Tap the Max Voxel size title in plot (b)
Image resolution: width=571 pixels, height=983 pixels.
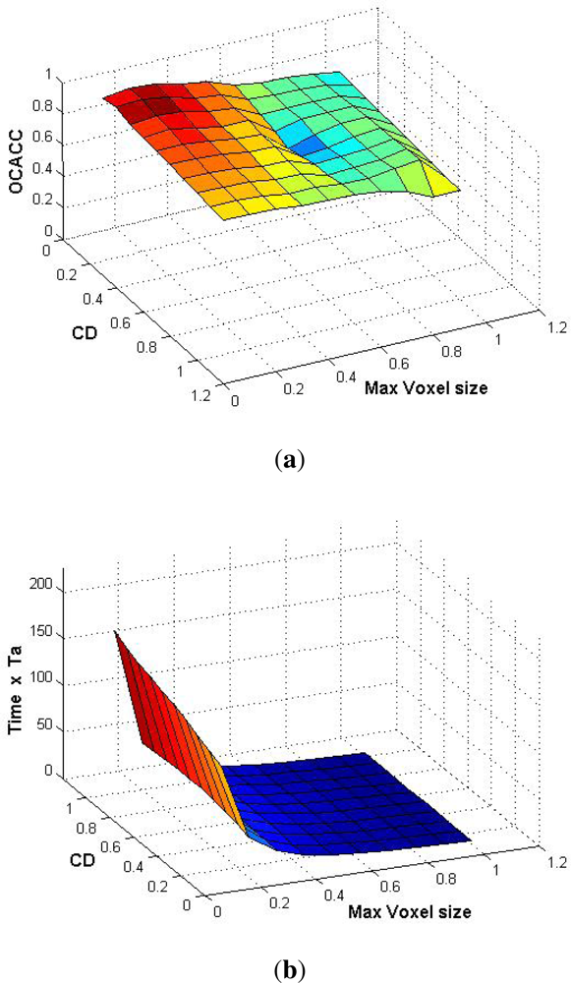point(409,910)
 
